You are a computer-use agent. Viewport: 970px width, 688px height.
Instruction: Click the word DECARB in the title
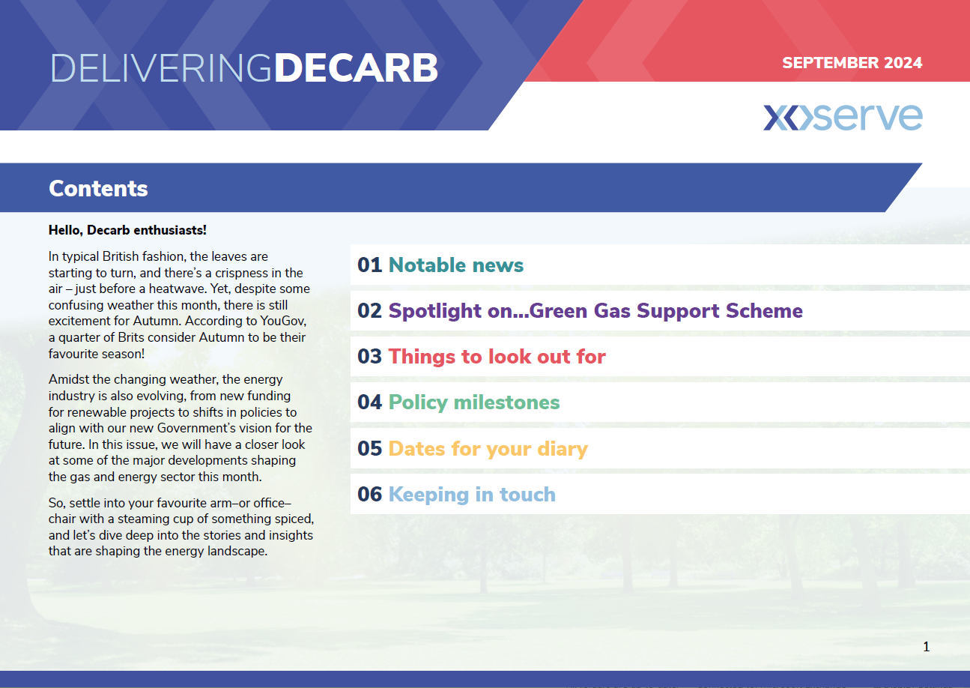[x=356, y=68]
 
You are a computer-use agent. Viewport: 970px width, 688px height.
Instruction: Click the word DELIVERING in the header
[x=161, y=68]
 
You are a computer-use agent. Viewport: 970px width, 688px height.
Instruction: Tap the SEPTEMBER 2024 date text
[x=852, y=63]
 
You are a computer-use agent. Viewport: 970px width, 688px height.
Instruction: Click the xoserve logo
[x=843, y=117]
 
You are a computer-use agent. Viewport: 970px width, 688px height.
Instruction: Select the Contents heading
[x=98, y=188]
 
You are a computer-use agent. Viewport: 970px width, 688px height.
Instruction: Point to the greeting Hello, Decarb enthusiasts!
[x=127, y=230]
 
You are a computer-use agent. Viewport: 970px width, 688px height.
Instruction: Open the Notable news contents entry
[x=456, y=265]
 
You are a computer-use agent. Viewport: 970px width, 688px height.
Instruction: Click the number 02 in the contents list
[x=369, y=311]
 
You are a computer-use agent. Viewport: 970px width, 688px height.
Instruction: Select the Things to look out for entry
[x=497, y=357]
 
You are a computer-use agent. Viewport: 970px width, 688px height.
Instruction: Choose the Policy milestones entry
[x=473, y=402]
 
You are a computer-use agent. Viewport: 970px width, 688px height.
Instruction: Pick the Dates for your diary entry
[x=488, y=449]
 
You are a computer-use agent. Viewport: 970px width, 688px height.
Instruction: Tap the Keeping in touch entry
[x=472, y=495]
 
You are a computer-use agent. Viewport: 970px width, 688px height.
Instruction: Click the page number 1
[x=927, y=647]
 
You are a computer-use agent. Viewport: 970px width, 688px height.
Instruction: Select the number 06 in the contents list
[x=369, y=495]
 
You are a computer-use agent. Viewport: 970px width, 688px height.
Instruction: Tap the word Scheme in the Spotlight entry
[x=764, y=310]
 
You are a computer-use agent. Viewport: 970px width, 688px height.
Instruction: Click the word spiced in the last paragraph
[x=293, y=519]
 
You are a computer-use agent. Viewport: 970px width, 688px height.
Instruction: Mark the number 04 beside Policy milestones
[x=369, y=402]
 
